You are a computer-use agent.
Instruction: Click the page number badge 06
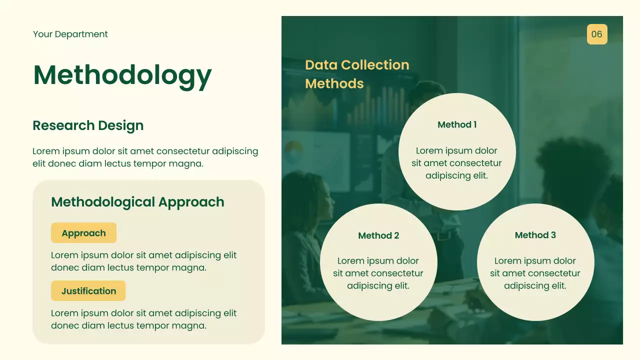pos(597,34)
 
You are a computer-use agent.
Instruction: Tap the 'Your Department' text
pos(70,34)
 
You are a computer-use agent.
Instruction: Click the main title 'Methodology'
pos(122,75)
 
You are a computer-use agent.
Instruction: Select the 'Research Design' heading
pos(88,125)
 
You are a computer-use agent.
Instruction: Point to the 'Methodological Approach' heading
pos(137,202)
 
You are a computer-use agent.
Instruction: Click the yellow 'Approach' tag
pos(83,233)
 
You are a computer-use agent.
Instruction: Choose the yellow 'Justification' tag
pos(88,291)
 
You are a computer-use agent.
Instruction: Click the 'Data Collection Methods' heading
pos(357,74)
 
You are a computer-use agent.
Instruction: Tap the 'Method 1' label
pos(457,124)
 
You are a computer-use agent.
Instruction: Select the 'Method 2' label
pos(378,235)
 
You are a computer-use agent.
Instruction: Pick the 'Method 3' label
pos(535,235)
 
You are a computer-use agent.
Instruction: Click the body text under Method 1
pos(456,163)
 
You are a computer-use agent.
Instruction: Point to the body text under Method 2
pos(378,273)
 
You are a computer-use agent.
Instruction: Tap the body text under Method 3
pos(535,273)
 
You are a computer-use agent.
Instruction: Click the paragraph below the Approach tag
pos(144,261)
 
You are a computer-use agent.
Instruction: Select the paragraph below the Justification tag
pos(144,319)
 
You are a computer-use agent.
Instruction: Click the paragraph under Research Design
pos(145,157)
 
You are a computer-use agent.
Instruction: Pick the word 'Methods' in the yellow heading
pos(334,83)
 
